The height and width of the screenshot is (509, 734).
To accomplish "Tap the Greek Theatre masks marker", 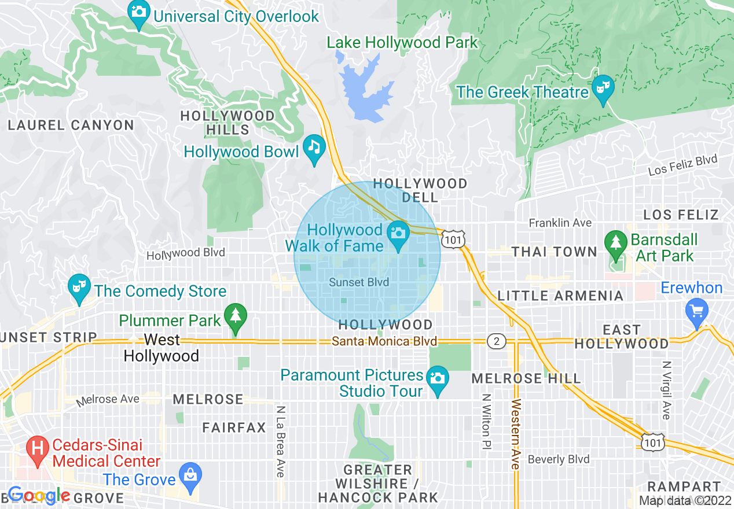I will pos(603,88).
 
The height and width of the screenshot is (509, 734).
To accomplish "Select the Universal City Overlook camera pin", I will pos(139,13).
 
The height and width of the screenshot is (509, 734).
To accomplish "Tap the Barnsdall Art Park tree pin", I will pos(615,242).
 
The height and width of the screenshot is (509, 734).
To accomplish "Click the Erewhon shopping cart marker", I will pos(696,311).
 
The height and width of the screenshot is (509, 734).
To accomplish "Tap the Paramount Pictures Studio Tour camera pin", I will pos(438,379).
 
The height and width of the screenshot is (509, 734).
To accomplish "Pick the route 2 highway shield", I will pos(496,341).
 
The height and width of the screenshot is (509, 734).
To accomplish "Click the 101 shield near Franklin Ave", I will pos(452,238).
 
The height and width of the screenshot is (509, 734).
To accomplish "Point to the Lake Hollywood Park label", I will pos(402,42).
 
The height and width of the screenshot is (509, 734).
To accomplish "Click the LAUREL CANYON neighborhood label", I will pos(71,125).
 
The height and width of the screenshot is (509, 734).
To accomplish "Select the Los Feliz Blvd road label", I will pos(682,165).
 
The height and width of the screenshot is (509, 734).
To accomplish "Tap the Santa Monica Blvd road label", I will pos(384,341).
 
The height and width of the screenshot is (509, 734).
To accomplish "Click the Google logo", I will pos(39,495).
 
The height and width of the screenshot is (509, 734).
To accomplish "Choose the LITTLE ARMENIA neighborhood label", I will pos(560,296).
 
